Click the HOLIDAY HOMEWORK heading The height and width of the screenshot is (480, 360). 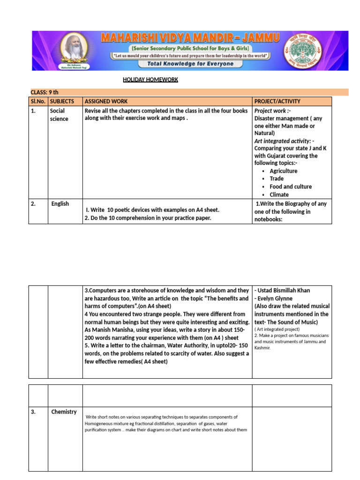(150, 80)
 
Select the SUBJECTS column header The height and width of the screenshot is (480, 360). (62, 101)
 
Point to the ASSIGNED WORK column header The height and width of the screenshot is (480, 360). (106, 101)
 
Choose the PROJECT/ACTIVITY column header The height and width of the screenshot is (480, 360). (277, 101)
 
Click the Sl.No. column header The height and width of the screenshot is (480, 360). (38, 101)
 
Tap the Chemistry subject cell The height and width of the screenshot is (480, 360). (64, 412)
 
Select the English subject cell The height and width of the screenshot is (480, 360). (60, 204)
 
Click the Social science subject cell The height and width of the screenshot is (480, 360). (59, 115)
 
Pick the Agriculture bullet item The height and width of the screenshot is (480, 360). (283, 171)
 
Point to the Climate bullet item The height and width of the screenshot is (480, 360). (279, 195)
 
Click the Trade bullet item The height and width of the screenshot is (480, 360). (277, 179)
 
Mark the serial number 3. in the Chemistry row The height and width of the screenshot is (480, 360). (33, 412)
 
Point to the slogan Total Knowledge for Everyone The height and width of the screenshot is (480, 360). (190, 64)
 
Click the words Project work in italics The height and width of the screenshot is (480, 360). (270, 111)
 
